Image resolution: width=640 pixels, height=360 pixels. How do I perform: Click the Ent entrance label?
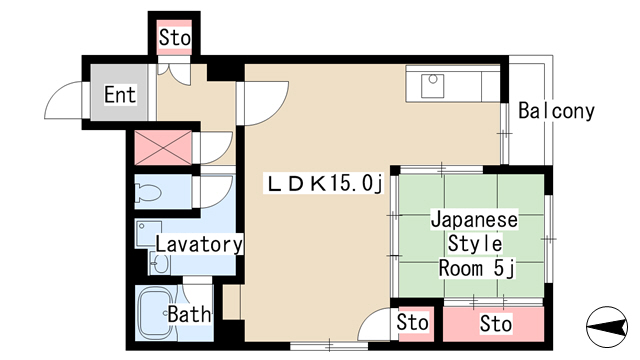(120, 95)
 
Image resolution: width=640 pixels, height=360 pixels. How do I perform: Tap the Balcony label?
(556, 111)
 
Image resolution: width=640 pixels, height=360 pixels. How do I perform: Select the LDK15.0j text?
(325, 183)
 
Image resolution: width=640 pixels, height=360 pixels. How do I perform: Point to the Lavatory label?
(199, 244)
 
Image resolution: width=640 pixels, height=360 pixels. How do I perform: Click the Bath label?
(189, 314)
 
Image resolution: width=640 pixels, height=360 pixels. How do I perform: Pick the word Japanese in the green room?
(475, 220)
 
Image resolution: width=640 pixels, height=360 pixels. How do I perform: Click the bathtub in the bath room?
(154, 313)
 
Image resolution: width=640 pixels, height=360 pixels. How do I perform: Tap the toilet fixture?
(148, 192)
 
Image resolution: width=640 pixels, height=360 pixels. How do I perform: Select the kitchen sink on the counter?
(433, 86)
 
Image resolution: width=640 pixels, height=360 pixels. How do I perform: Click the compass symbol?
(607, 327)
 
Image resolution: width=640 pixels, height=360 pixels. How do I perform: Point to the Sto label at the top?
(175, 38)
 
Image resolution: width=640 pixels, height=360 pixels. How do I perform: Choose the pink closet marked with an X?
(163, 147)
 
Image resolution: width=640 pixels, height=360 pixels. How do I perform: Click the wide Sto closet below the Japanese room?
(493, 324)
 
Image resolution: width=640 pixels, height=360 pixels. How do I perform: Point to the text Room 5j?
(477, 269)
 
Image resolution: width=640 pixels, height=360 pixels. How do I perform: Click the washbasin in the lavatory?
(159, 263)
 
